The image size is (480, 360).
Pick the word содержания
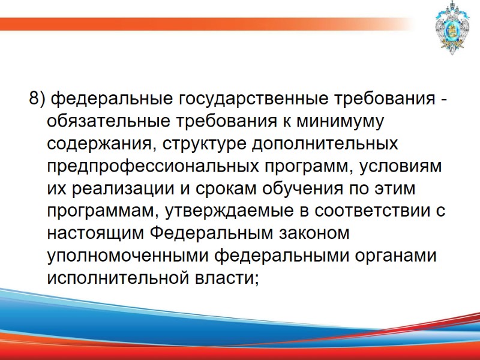tap(97, 144)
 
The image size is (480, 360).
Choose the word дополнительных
tap(325, 144)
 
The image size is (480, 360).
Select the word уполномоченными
tap(127, 257)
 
